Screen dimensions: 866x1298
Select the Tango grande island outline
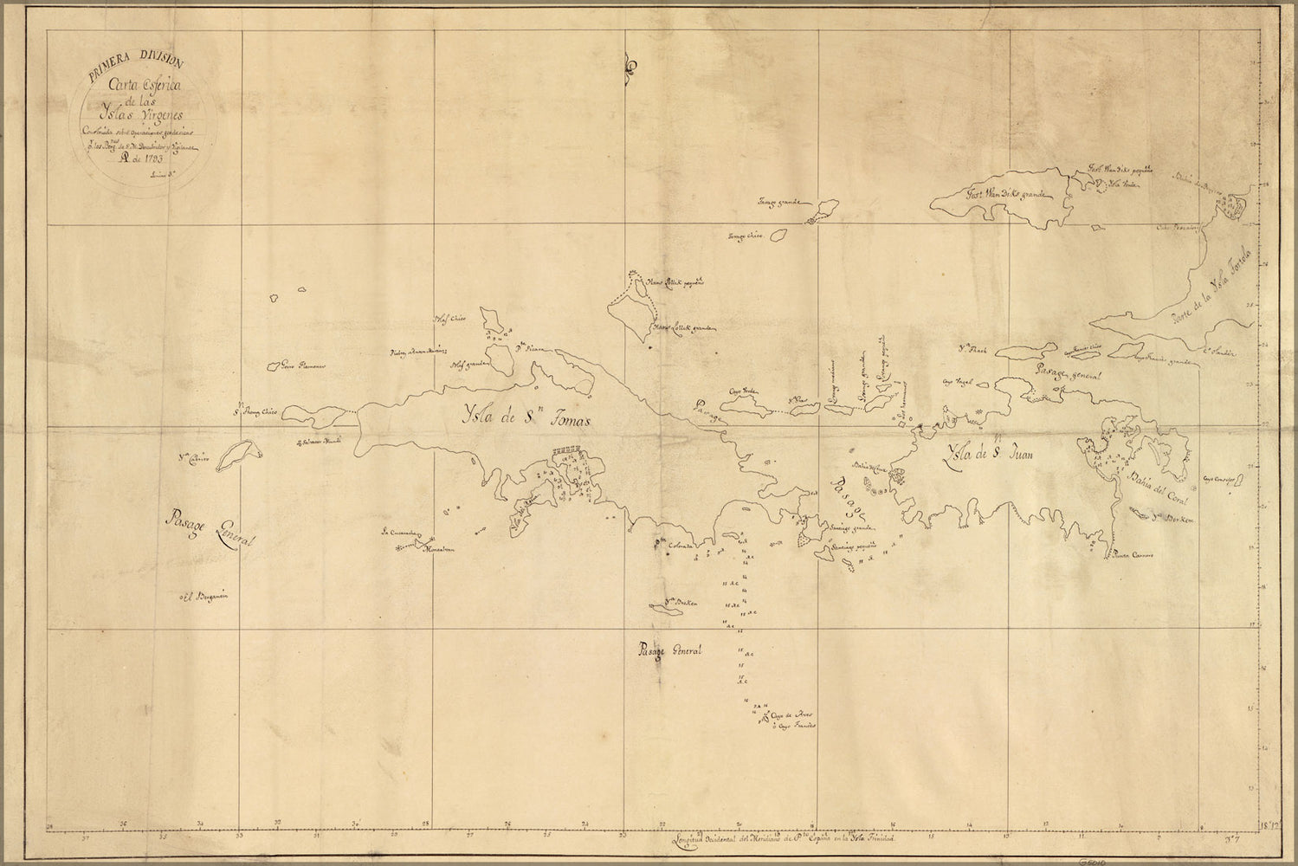pyautogui.click(x=823, y=210)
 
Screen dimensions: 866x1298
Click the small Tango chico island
pyautogui.click(x=778, y=235)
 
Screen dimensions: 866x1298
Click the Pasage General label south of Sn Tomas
pyautogui.click(x=668, y=650)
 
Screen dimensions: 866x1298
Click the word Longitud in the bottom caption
pyautogui.click(x=694, y=839)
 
